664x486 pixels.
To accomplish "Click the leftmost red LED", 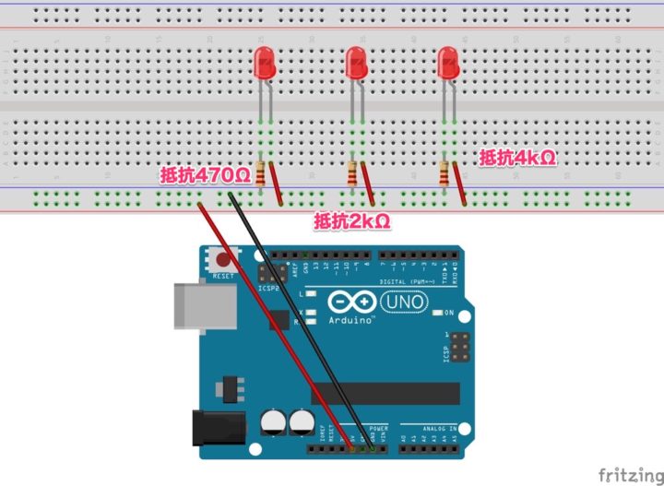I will (x=264, y=62).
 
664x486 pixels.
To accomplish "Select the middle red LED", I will (x=356, y=62).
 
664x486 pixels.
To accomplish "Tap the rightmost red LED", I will (x=448, y=62).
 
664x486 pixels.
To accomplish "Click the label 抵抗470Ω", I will (x=205, y=174).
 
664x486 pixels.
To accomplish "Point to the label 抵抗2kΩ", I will (x=351, y=220).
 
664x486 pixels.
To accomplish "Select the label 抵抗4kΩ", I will (x=517, y=158).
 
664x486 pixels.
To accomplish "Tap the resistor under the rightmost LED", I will (x=446, y=173).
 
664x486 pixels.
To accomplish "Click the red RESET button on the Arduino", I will (x=222, y=259).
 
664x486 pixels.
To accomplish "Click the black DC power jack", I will (x=214, y=431).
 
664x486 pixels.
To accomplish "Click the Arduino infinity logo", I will (x=351, y=302).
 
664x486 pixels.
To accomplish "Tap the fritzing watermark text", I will (x=630, y=474).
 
